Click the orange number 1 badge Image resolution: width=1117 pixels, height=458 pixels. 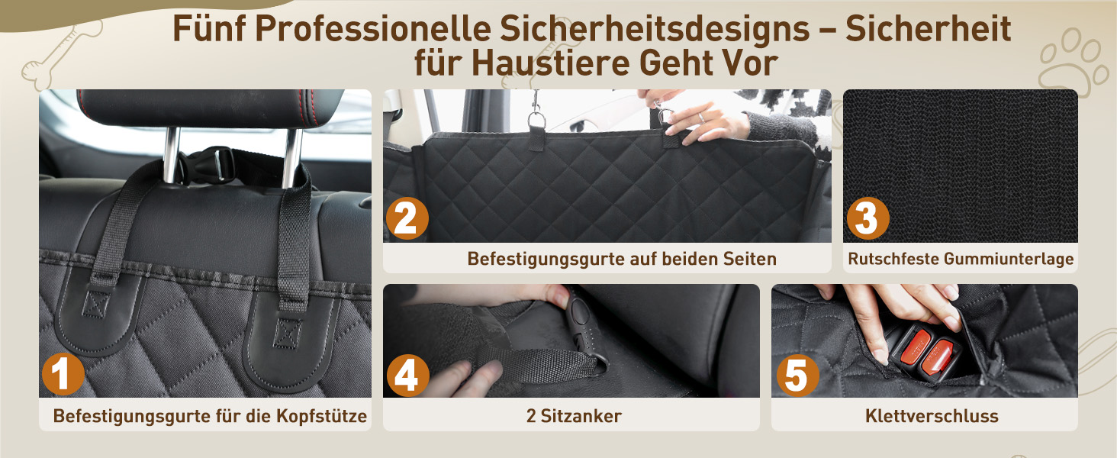coord(63,374)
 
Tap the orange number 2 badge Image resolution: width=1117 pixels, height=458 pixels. coord(407,218)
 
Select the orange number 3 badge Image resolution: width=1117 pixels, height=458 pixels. coord(868,218)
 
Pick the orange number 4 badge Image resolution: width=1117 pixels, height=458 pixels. coord(407,376)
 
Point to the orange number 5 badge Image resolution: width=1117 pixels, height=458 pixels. coord(797,376)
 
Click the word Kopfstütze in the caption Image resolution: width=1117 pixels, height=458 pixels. coord(322,416)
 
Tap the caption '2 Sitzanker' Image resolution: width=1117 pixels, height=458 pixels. coord(574,416)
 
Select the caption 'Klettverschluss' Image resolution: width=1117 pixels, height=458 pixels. coord(932,416)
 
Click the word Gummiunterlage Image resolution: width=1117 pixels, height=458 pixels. coord(1009,259)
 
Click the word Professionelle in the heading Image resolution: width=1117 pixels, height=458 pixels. coord(373,28)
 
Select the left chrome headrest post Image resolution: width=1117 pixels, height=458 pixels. coord(171,155)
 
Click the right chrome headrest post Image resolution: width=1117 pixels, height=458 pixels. coord(292,158)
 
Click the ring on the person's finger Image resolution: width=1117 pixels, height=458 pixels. coord(702,118)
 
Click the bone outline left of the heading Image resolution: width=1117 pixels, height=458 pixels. coord(61,55)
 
